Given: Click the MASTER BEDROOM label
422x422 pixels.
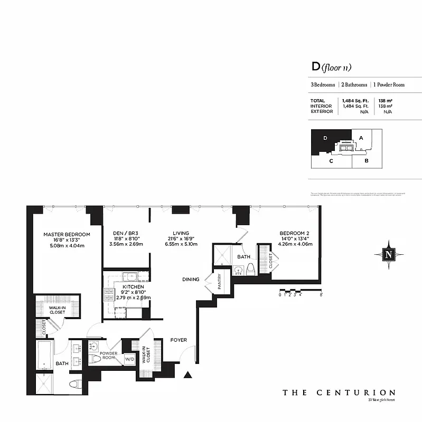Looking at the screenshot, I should [x=67, y=234].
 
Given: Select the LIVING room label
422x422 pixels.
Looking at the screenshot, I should [x=182, y=233].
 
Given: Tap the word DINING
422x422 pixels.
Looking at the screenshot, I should [x=191, y=280].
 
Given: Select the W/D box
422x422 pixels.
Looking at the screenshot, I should [x=129, y=360].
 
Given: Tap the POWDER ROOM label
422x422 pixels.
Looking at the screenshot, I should [x=108, y=356].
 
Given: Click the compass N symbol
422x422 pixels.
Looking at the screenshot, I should [x=389, y=254].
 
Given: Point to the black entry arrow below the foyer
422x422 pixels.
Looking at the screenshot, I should [x=187, y=376].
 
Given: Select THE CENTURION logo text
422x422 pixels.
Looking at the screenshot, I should [x=339, y=392].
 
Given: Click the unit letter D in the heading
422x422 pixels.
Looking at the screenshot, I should [x=316, y=67].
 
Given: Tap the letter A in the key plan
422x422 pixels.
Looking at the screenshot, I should [x=361, y=138].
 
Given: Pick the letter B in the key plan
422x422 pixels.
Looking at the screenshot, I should [x=367, y=161].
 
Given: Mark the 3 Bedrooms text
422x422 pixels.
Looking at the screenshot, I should [x=323, y=84].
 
